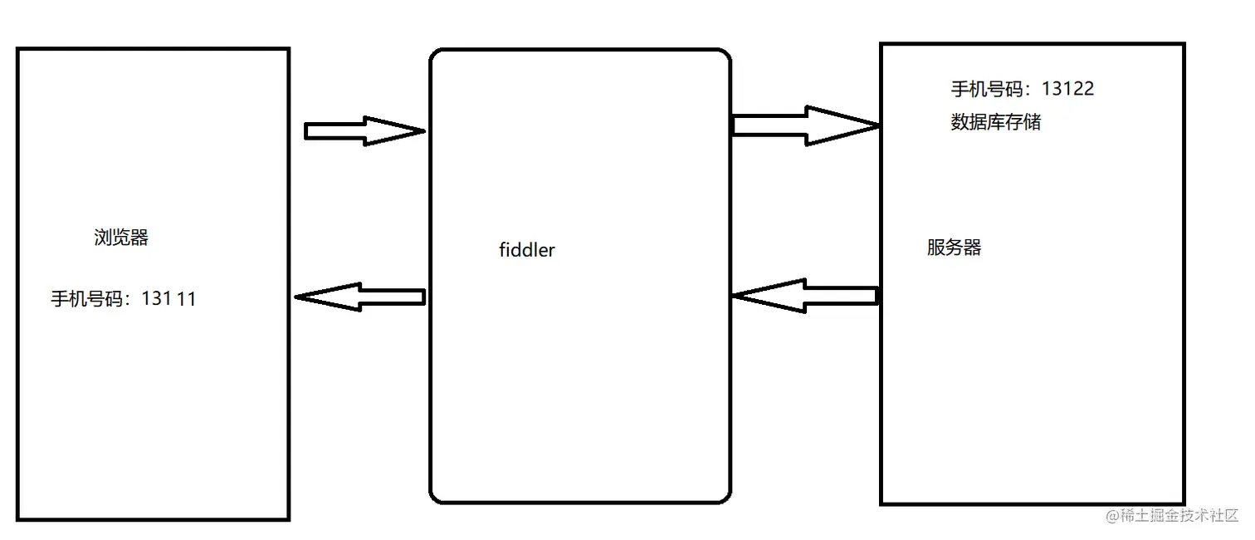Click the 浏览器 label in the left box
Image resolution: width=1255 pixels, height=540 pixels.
tap(121, 238)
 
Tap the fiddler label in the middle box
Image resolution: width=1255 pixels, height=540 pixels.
tap(526, 249)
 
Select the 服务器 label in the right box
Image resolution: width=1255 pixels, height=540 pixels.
tap(954, 248)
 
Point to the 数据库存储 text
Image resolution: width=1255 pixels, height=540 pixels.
tap(995, 123)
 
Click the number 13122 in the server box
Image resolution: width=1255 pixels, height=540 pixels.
tap(1067, 89)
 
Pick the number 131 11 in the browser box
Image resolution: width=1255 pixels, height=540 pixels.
tap(168, 299)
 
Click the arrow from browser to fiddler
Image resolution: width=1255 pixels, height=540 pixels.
tap(364, 130)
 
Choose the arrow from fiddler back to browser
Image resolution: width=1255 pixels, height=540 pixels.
tap(359, 297)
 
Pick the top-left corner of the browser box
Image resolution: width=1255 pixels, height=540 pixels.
tap(18, 49)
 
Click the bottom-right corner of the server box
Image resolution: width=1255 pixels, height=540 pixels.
tap(1184, 503)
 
